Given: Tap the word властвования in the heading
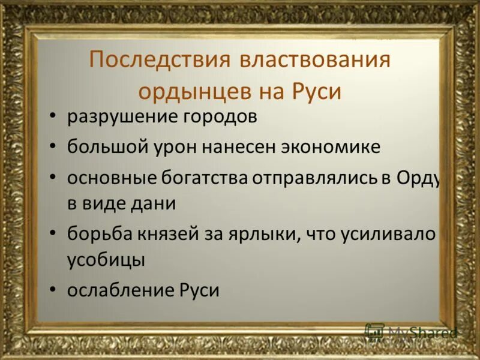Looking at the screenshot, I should point(316,61).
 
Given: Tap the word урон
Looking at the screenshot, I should point(175,146).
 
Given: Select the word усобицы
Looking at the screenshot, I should point(106,260).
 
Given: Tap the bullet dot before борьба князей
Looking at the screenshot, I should point(54,233).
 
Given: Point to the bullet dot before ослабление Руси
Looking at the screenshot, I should point(54,290).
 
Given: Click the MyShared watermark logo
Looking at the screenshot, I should point(410,332).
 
